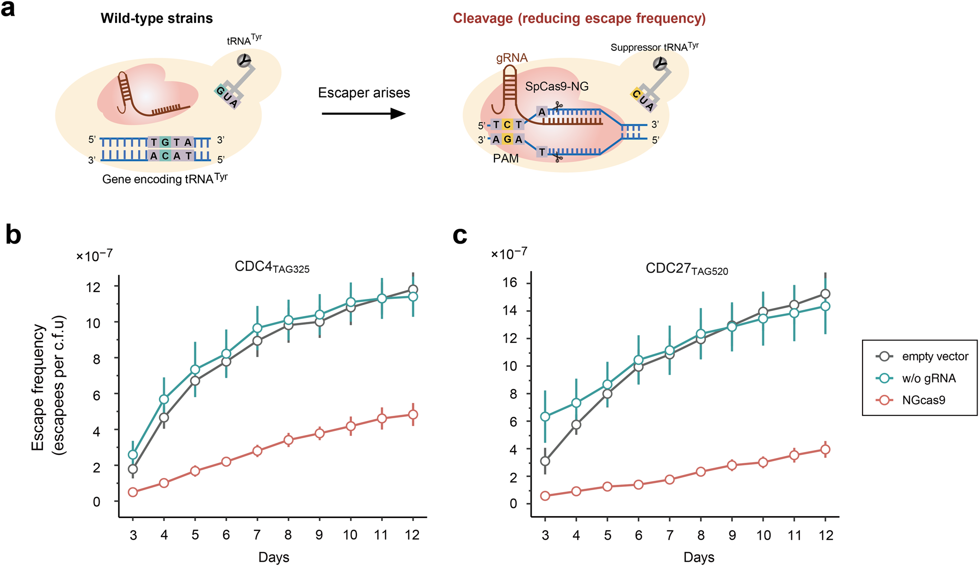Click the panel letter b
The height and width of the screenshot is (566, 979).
14,235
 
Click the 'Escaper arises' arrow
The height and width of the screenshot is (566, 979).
363,114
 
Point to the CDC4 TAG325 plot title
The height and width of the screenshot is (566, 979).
272,267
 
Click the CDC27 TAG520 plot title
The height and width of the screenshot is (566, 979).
686,269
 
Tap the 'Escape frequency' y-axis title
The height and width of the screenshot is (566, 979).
48,386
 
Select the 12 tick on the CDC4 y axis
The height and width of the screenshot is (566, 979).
93,287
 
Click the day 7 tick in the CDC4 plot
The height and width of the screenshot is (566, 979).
257,535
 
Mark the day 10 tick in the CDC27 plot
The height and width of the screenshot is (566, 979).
763,536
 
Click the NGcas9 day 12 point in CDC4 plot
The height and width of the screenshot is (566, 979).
413,415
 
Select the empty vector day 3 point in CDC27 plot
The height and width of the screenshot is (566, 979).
545,461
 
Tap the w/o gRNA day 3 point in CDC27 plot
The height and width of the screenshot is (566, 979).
545,417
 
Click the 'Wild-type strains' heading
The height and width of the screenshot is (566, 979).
157,19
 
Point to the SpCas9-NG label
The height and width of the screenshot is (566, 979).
557,87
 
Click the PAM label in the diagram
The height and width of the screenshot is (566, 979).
506,158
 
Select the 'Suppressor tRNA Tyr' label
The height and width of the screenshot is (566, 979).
654,47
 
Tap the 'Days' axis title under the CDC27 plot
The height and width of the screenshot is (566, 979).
699,557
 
